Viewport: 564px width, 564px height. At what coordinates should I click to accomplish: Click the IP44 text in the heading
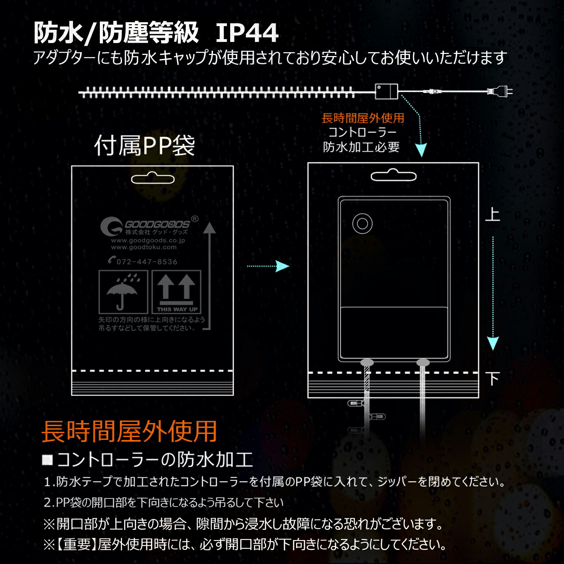click(247, 33)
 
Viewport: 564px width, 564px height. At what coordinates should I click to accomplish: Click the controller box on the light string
click(386, 92)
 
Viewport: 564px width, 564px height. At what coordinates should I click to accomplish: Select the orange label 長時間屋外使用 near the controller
click(363, 118)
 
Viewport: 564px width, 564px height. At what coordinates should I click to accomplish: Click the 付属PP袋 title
click(145, 145)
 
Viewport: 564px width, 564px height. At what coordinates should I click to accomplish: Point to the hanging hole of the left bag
click(153, 178)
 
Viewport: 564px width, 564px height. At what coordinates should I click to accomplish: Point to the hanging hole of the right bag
click(393, 175)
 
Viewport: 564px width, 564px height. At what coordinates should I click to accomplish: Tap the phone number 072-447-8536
click(143, 261)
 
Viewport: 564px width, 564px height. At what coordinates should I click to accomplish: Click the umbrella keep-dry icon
click(123, 292)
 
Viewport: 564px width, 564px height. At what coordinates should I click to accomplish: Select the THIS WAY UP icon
click(176, 292)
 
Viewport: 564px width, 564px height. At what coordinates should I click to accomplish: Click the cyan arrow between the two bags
click(268, 266)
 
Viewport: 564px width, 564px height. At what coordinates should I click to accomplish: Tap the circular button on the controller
click(362, 223)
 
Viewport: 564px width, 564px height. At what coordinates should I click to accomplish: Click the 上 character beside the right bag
click(493, 215)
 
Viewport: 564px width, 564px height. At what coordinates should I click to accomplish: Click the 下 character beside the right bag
click(493, 379)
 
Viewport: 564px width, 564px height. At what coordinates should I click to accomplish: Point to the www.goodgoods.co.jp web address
click(148, 240)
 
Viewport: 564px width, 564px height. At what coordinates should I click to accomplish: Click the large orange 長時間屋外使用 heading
click(129, 431)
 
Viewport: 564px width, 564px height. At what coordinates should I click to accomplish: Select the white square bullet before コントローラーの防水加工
click(47, 460)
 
